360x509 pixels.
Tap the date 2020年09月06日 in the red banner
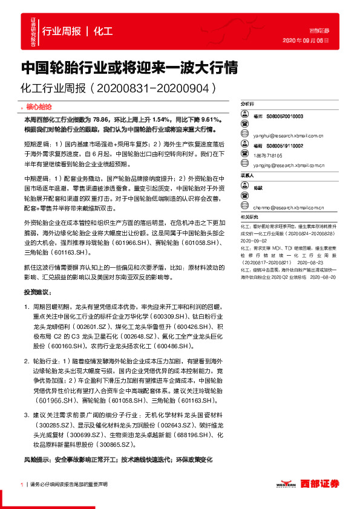point(306,41)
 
